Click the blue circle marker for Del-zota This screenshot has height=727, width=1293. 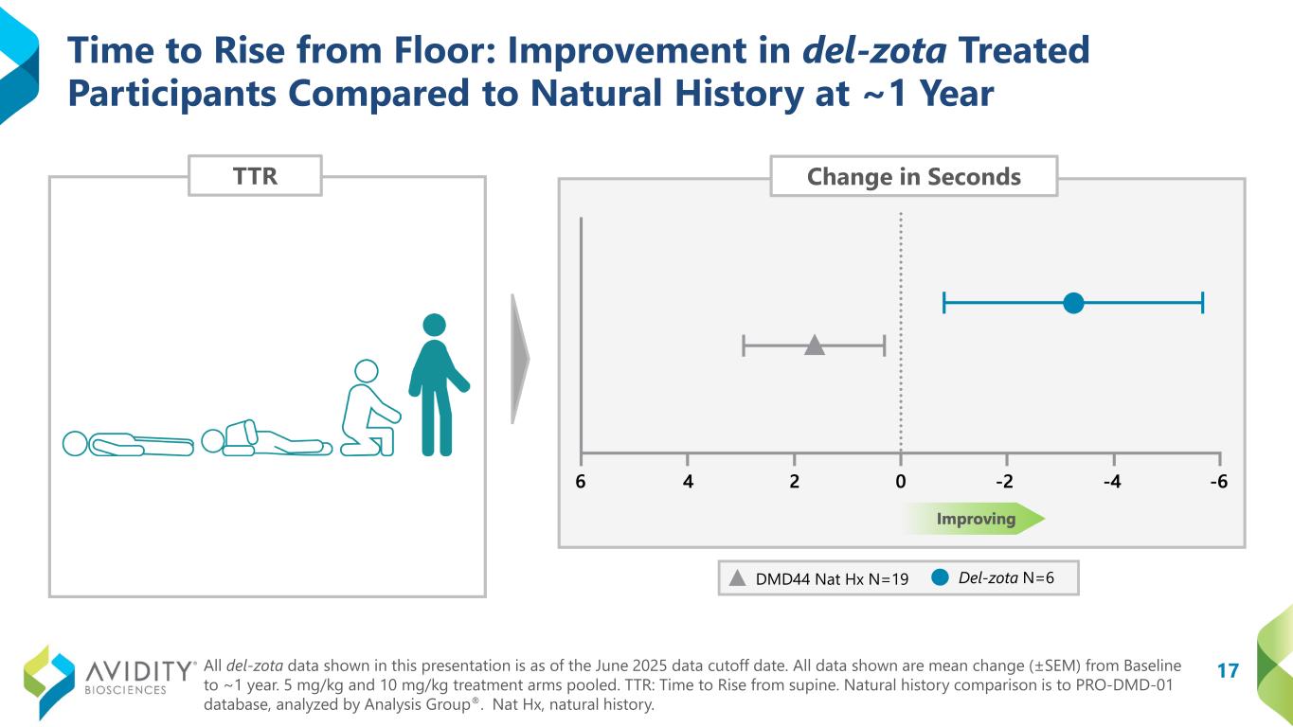pos(1073,303)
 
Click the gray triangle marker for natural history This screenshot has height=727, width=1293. pos(815,346)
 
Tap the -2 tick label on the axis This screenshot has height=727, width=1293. pos(1005,482)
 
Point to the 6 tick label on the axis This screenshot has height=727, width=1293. pos(581,482)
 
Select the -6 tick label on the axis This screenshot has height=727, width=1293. pos(1218,482)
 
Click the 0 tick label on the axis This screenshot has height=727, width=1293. pos(900,482)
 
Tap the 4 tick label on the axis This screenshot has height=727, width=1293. pos(688,482)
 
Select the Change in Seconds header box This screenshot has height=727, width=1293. pos(913,177)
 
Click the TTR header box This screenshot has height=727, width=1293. pos(255,176)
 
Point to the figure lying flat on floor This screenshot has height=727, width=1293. pos(127,443)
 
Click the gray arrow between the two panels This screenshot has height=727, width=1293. pos(520,359)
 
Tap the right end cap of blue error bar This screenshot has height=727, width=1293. pos(1202,303)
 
